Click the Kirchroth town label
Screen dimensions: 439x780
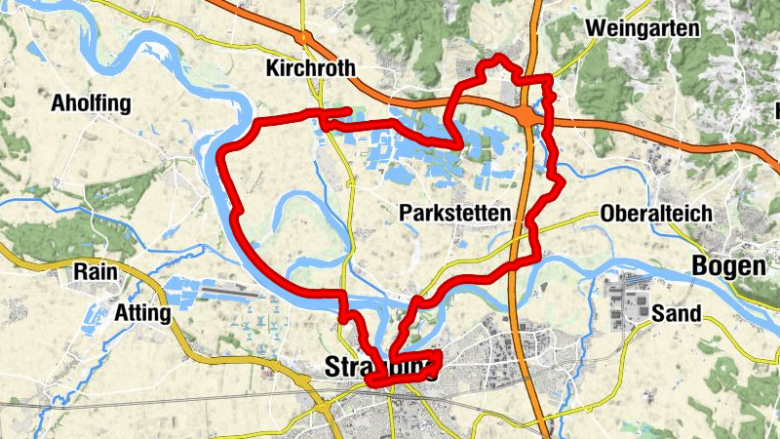(310, 68)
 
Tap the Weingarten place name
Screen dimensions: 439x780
(643, 28)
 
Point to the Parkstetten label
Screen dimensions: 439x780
(454, 213)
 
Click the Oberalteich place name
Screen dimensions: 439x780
(656, 214)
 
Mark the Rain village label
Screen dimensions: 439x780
(94, 273)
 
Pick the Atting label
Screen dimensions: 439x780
(142, 314)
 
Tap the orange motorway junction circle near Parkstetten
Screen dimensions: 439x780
(527, 116)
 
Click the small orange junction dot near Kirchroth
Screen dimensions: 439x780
(305, 36)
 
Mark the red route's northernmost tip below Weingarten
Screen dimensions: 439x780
(500, 58)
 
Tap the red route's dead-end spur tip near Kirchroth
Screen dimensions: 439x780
(350, 109)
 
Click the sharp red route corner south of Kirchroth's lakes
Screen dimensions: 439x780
(460, 145)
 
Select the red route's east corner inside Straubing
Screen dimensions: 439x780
(440, 355)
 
